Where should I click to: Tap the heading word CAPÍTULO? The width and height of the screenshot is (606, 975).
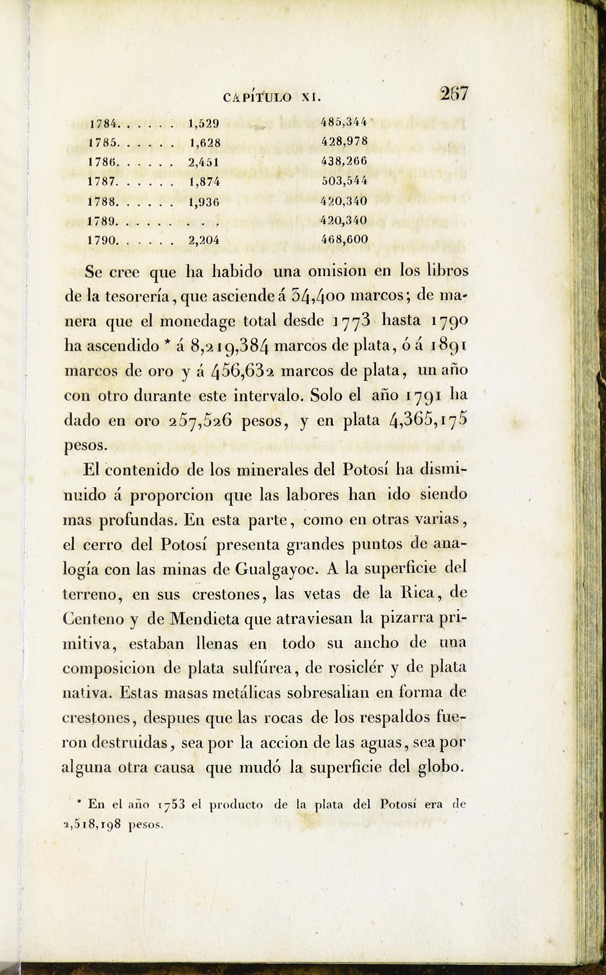257,97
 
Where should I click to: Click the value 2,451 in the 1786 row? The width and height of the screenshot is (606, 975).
204,162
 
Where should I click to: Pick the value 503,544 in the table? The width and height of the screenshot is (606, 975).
345,181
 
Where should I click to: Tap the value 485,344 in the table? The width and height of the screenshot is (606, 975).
345,123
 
